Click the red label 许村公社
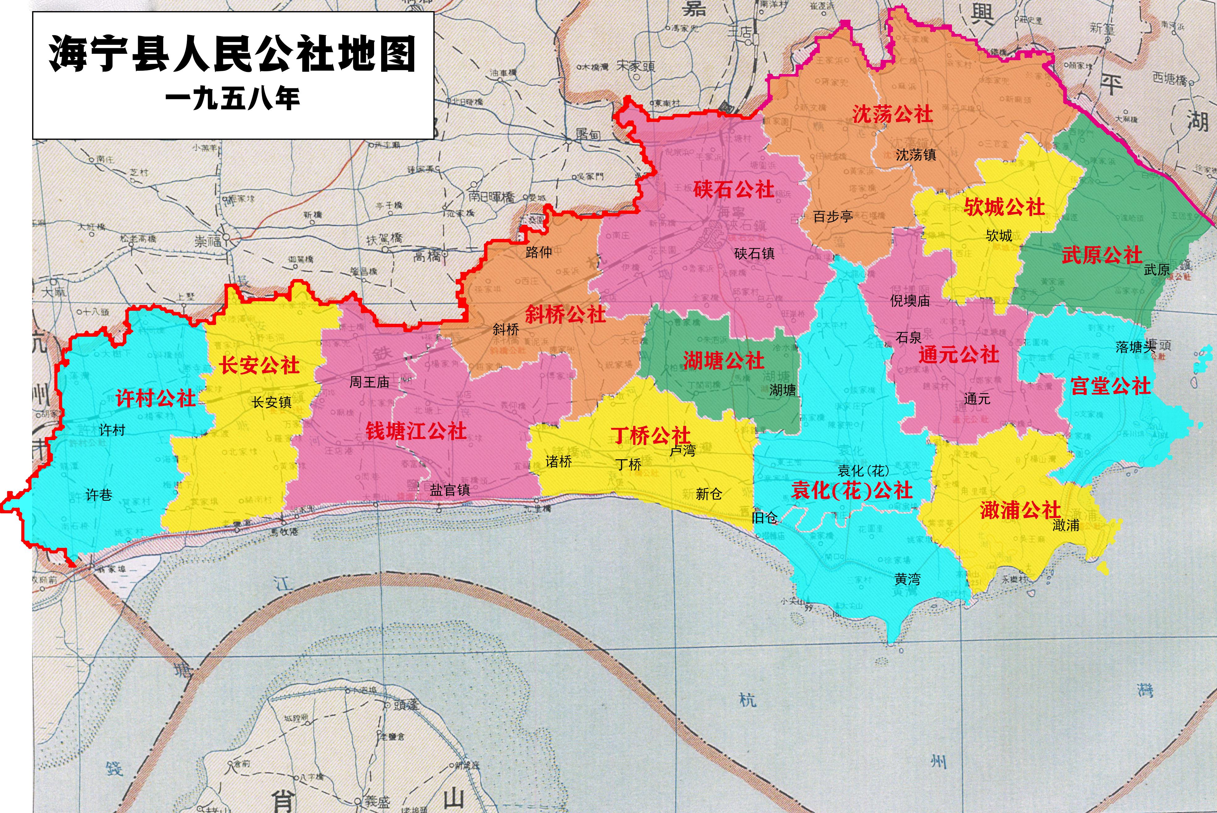[155, 398]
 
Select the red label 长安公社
[259, 365]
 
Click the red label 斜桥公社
[565, 314]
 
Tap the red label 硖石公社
[734, 190]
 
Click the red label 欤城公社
[1004, 207]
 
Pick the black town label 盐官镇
[450, 490]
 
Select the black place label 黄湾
[907, 579]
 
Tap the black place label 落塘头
[1135, 347]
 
